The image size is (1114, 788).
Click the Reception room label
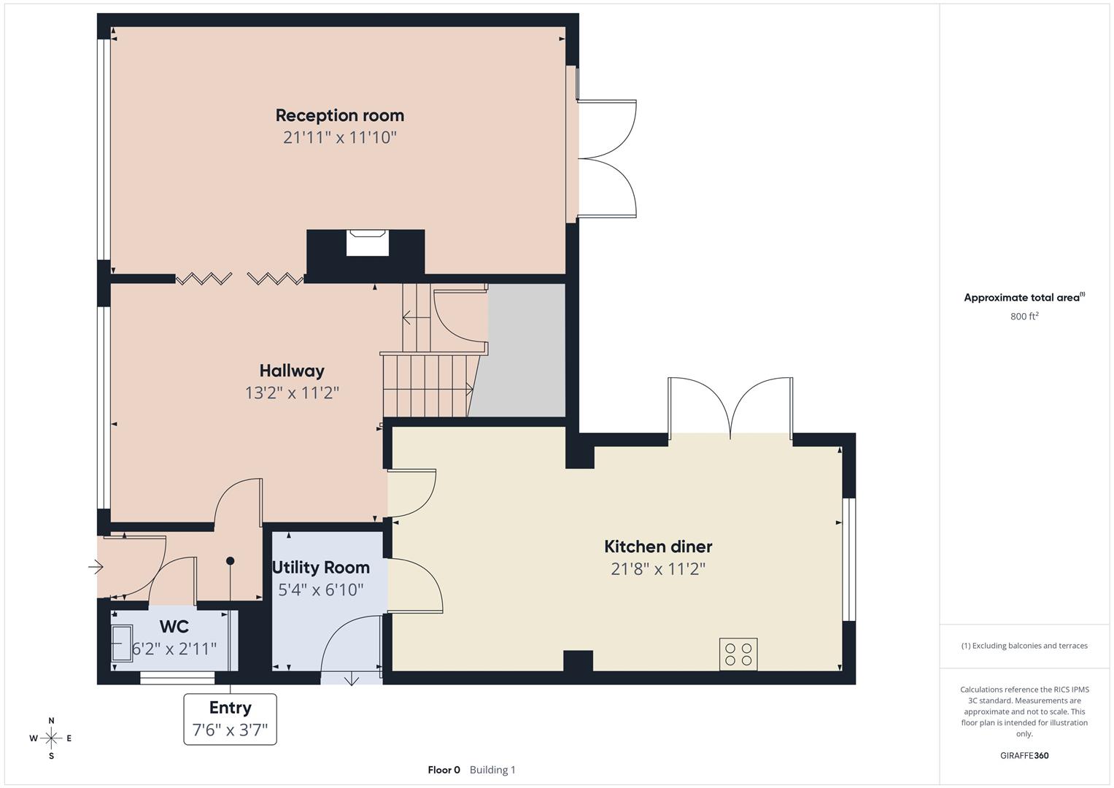[339, 115]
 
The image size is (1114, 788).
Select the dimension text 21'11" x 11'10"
[339, 137]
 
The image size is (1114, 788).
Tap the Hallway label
[292, 371]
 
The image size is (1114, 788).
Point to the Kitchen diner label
[658, 546]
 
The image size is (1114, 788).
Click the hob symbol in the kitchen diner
[738, 654]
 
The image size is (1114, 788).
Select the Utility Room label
[320, 568]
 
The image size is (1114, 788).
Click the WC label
[174, 627]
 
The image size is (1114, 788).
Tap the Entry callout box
[230, 719]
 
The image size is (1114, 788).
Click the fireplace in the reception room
[367, 243]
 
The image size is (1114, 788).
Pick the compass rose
[51, 738]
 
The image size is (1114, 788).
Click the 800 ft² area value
[1024, 316]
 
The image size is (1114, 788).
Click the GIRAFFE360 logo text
[1024, 755]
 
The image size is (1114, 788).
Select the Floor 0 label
[444, 770]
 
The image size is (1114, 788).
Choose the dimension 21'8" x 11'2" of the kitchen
[658, 569]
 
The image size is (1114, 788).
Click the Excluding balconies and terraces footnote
[1024, 646]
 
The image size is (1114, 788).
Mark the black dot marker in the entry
[231, 561]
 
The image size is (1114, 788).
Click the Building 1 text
[492, 770]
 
